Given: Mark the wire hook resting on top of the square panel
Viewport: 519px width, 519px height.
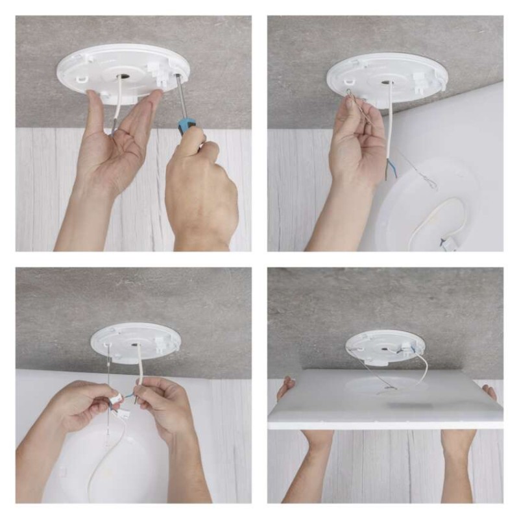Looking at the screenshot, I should [389, 388].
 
